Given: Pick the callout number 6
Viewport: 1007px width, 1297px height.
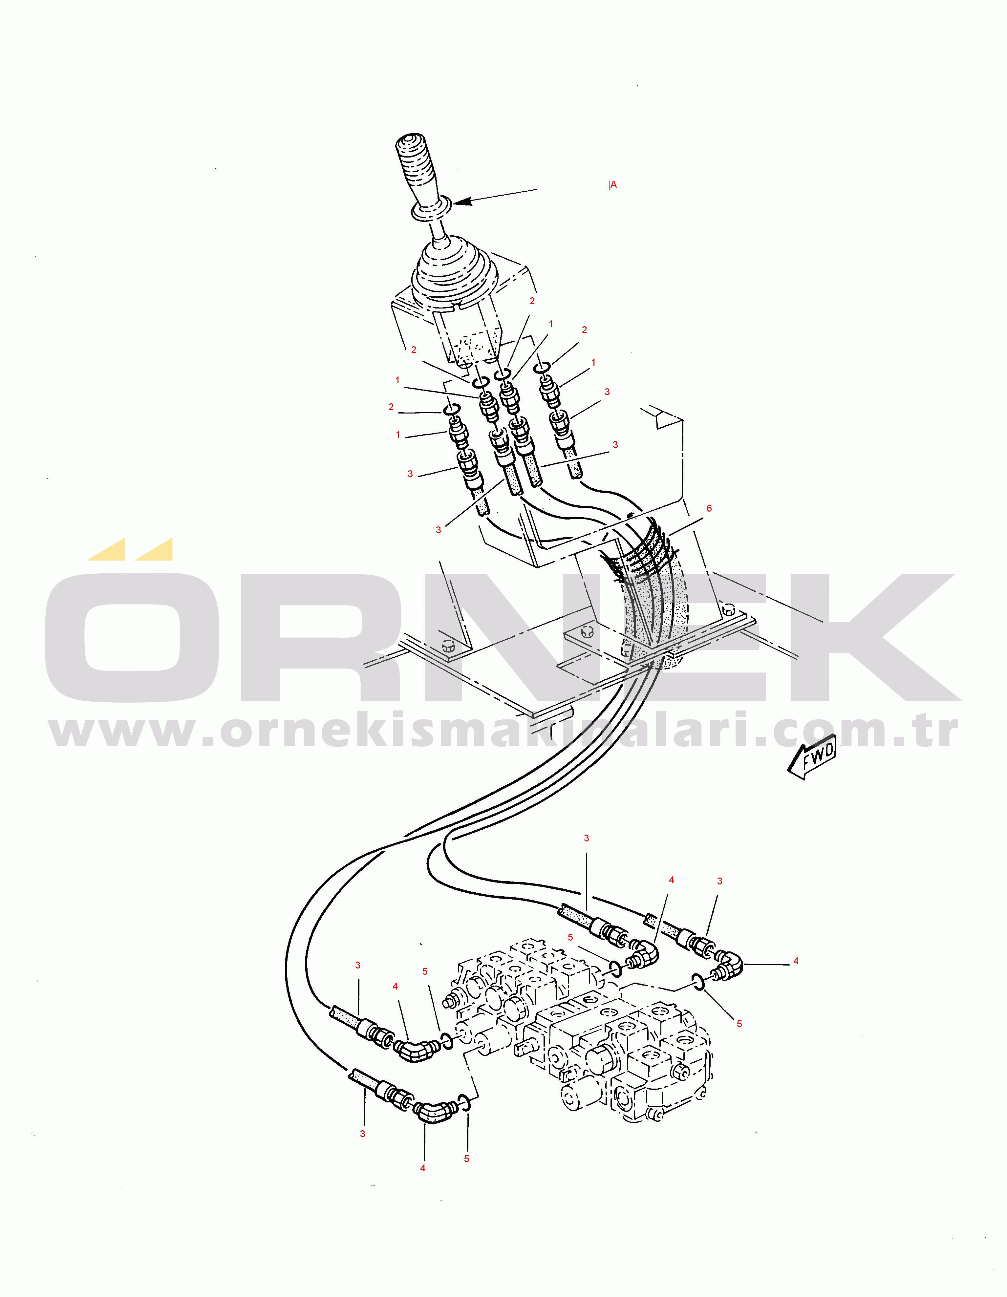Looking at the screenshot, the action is [x=709, y=508].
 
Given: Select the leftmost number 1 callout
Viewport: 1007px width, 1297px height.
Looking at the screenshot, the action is [x=397, y=380].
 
